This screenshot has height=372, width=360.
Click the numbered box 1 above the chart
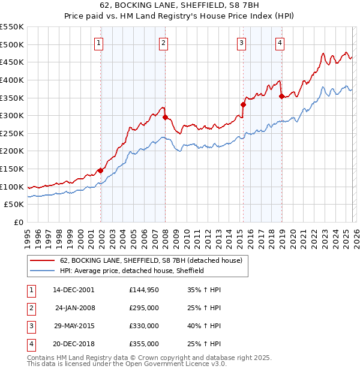(x=98, y=43)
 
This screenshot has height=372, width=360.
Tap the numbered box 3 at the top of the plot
(x=241, y=43)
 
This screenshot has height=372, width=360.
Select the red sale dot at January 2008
(x=165, y=118)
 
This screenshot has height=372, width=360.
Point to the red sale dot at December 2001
(x=100, y=171)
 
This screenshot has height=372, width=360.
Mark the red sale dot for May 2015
(x=243, y=105)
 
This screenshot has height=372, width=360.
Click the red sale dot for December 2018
(x=281, y=96)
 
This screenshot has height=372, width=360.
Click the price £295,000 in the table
(x=144, y=308)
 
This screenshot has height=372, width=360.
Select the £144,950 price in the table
(x=144, y=290)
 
